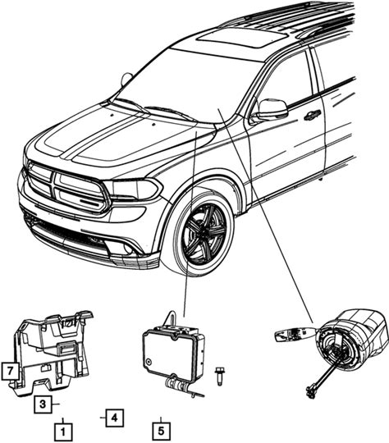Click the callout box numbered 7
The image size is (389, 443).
tap(10, 371)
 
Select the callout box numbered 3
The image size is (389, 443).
tap(43, 404)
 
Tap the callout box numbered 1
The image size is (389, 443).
tap(63, 432)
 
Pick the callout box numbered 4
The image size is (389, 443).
tap(115, 418)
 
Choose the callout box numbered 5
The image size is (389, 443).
tap(161, 432)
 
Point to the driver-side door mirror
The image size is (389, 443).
tap(272, 109)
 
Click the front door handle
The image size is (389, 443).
tap(313, 114)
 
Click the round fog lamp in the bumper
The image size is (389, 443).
tap(128, 249)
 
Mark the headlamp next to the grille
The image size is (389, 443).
tap(132, 189)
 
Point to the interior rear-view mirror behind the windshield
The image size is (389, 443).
tap(126, 79)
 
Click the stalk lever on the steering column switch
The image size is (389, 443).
tap(295, 335)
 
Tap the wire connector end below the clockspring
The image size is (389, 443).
tap(310, 394)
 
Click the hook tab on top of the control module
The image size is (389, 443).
tap(171, 317)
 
